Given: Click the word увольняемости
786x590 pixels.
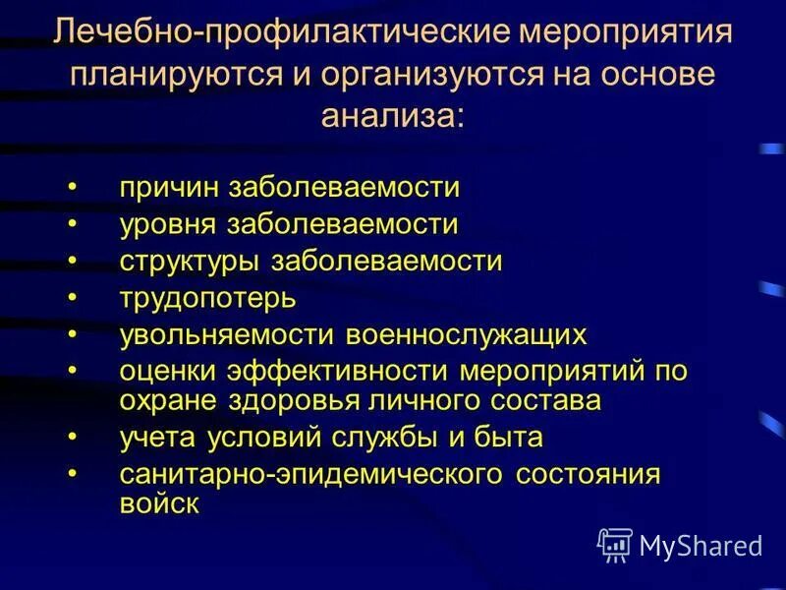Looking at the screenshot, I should pos(228,335).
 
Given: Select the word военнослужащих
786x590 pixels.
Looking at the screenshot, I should pos(466,335).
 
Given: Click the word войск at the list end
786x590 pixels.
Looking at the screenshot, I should pos(160,503).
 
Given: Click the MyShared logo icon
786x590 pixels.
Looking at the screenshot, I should pos(616,545).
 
